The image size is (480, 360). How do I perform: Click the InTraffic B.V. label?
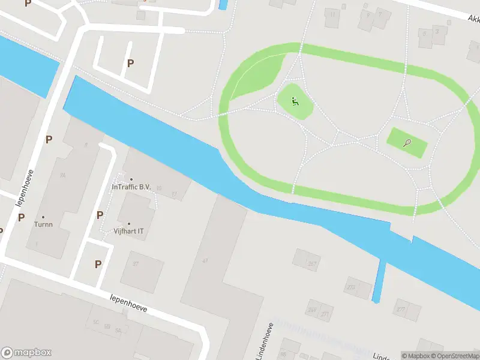[131, 186]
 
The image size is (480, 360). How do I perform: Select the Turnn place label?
[43, 224]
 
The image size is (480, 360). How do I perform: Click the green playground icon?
[295, 101]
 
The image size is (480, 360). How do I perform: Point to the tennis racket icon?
[408, 143]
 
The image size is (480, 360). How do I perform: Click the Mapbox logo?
[26, 353]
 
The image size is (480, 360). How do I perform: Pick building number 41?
[205, 260]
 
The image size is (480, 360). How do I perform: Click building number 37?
[136, 264]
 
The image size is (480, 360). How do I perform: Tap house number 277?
[400, 310]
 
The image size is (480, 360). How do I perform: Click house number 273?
[351, 287]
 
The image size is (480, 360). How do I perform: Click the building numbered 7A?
[62, 176]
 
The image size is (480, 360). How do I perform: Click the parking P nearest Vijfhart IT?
[100, 215]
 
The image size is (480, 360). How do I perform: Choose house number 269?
[312, 310]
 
